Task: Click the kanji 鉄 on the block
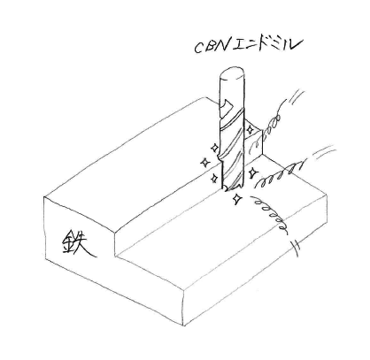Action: (x=78, y=242)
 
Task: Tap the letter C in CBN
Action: (x=198, y=49)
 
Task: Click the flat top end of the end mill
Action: (x=232, y=73)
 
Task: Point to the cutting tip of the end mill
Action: (x=232, y=188)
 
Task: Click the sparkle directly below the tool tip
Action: (x=236, y=199)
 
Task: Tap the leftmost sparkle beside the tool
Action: (x=204, y=163)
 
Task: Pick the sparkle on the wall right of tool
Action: (x=250, y=130)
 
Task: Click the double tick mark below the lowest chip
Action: (x=296, y=249)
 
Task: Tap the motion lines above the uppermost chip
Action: (x=297, y=96)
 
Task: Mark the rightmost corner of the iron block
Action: (x=328, y=195)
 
